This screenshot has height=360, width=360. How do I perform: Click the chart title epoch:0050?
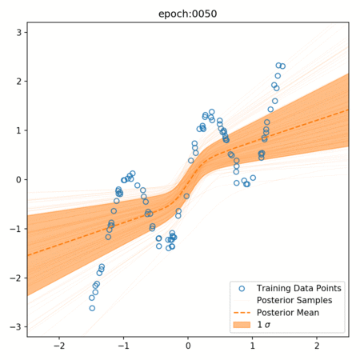pos(188,14)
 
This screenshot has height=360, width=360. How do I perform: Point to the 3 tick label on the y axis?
pos(18,33)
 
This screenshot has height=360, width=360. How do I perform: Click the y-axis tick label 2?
pos(18,82)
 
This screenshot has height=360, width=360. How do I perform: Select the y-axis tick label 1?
pos(18,130)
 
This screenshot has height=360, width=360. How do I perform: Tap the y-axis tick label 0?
pos(18,180)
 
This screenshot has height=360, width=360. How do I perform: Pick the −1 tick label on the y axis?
pos(15,229)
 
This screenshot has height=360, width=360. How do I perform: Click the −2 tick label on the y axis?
pos(15,278)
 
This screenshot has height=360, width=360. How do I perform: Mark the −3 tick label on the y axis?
pos(15,327)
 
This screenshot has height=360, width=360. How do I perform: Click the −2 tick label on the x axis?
pos(59,346)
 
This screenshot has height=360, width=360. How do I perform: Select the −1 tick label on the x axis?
pos(123,346)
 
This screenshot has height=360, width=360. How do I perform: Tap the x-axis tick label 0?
pos(188,346)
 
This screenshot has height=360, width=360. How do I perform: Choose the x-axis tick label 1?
pos(252,346)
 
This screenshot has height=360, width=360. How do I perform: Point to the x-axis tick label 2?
pos(317,346)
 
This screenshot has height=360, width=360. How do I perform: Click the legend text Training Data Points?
pos(299,288)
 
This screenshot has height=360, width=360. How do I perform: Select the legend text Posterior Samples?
pos(294,300)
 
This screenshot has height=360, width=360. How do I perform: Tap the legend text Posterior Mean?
pos(288,313)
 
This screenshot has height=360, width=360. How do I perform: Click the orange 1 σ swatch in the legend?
pos(242,325)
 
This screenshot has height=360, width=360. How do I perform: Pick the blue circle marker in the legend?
pos(242,289)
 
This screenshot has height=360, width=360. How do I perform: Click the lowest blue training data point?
pos(92,308)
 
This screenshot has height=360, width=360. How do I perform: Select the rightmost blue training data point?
pos(282,66)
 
